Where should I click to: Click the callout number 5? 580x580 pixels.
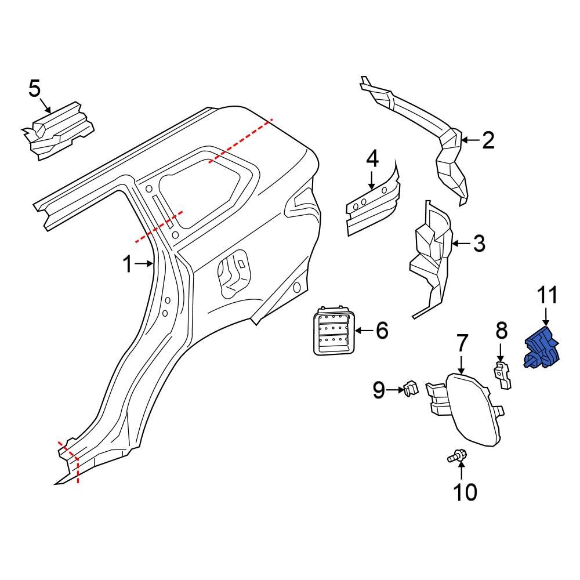tap(35, 89)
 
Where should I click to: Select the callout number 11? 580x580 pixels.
tap(545, 296)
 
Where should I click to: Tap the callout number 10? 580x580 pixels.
tap(465, 492)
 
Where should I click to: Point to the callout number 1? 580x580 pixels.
tap(127, 264)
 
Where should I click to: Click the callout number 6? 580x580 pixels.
tap(381, 331)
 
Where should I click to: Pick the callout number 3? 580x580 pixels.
tap(478, 244)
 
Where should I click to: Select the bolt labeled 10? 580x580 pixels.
tap(456, 458)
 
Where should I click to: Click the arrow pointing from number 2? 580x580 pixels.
tap(471, 140)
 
